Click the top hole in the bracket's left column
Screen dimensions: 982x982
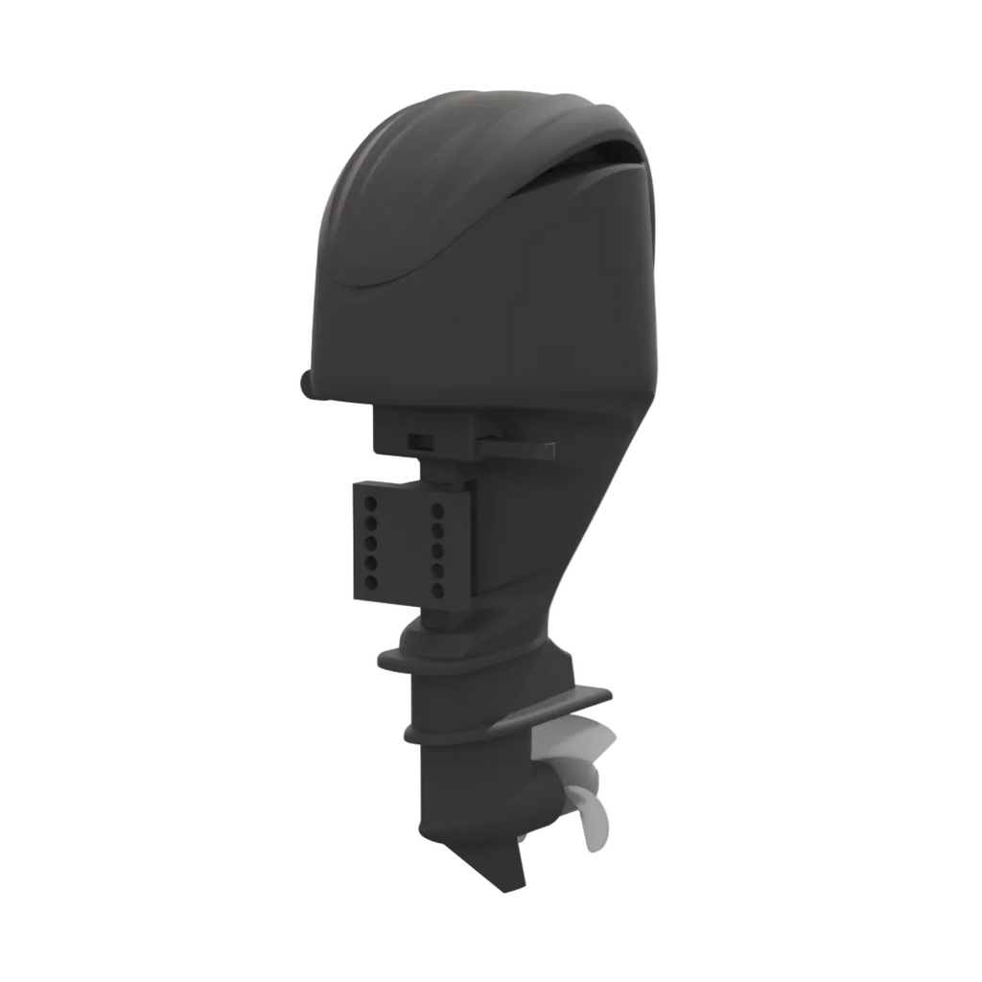coord(369,501)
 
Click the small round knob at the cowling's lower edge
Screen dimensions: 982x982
coord(306,382)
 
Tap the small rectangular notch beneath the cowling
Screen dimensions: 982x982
coord(419,440)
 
